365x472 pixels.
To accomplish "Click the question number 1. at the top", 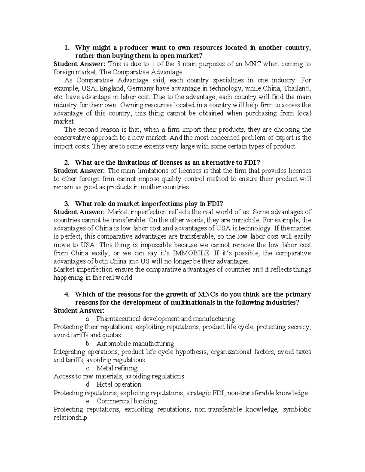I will (67, 48).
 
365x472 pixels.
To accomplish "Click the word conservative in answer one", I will (73, 138).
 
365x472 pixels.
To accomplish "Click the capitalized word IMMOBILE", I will (191, 253).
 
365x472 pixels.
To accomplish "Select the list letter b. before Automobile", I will (89, 344).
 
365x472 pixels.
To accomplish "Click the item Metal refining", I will (117, 368).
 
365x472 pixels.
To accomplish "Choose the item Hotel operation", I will (119, 385).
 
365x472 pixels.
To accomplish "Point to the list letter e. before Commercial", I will (89, 401).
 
